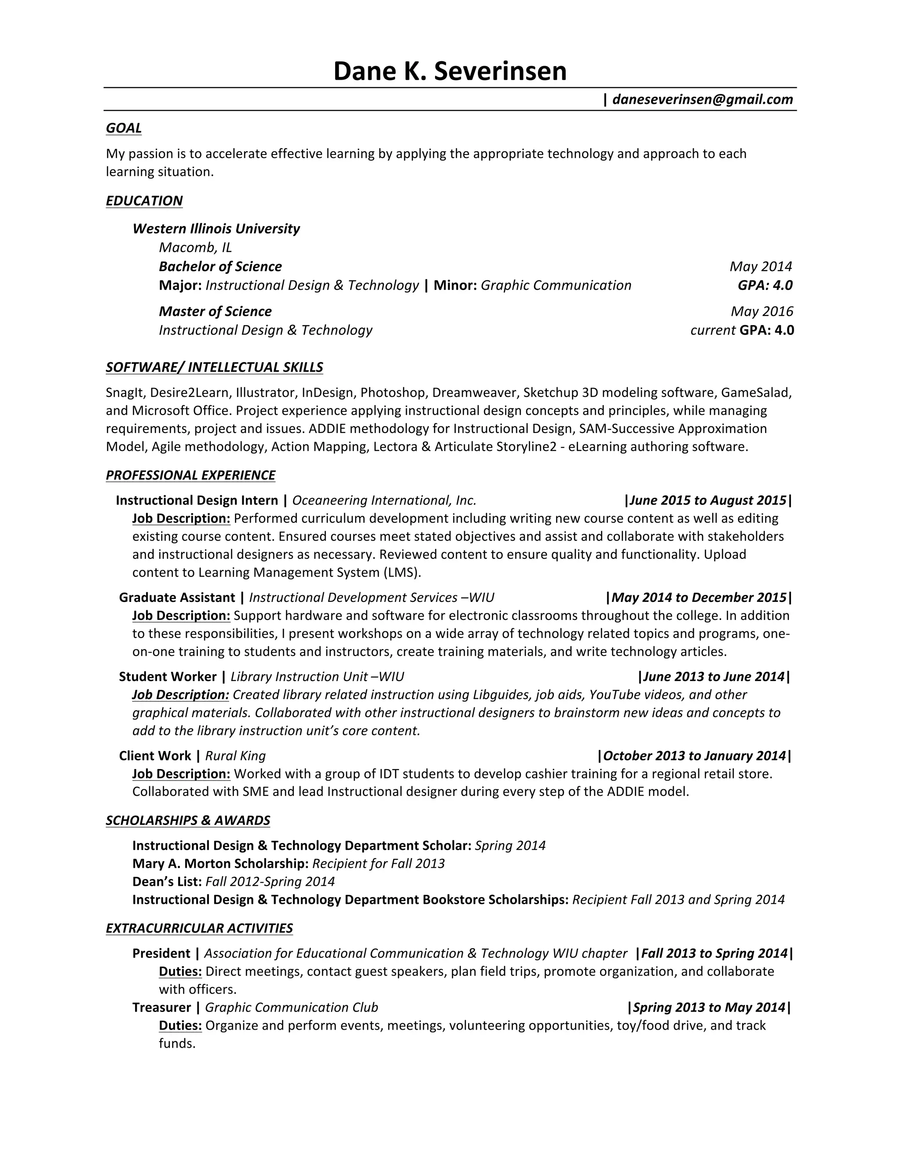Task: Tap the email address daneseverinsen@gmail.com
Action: [703, 99]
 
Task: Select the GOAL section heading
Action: [124, 128]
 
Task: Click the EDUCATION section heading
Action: [144, 201]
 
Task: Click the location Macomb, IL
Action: [195, 247]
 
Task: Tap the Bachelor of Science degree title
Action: [220, 266]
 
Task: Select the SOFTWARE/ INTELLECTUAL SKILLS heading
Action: [214, 367]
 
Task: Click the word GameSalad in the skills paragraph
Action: [755, 393]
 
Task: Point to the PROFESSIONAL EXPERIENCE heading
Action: [190, 475]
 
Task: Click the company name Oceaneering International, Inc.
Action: [384, 500]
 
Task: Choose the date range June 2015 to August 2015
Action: [708, 500]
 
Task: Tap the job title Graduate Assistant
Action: [177, 598]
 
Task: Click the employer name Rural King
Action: [235, 756]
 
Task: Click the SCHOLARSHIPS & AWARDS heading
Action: [188, 821]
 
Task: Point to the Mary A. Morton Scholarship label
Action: [220, 864]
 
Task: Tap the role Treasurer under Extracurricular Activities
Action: [162, 1008]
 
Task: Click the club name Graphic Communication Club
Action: [291, 1008]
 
